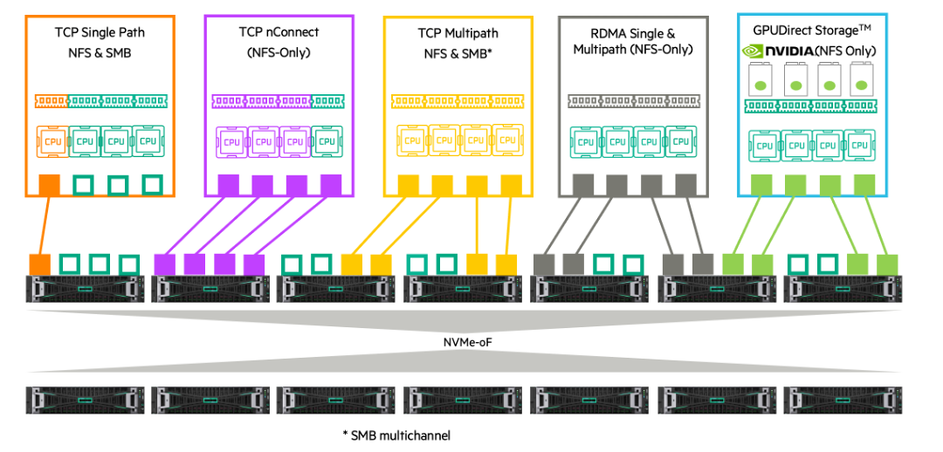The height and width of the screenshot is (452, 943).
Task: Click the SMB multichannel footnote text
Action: tap(397, 434)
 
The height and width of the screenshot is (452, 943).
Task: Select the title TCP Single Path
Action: tap(100, 33)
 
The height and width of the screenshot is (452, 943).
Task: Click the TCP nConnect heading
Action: tap(279, 32)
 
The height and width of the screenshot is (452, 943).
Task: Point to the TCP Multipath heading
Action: tap(458, 33)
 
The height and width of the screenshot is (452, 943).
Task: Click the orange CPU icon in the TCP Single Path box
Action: tap(52, 140)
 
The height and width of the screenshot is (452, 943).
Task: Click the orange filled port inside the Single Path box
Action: tap(50, 185)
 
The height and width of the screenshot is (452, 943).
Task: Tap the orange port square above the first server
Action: tap(39, 264)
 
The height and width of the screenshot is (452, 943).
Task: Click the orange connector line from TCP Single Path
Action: tap(45, 225)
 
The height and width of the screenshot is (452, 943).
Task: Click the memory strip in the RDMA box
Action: tap(633, 101)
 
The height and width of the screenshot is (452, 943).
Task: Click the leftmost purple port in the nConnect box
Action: tap(228, 185)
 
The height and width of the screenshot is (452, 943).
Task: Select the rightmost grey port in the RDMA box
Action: tap(685, 184)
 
